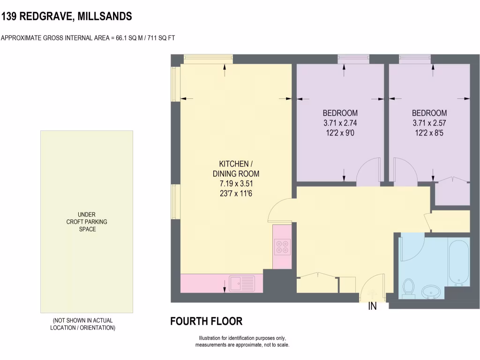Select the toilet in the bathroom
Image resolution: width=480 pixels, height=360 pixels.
(408, 288)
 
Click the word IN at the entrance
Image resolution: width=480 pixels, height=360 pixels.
(372, 307)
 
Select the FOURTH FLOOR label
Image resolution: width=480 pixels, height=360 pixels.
(206, 322)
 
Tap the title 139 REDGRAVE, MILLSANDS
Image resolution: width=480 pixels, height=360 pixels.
(66, 17)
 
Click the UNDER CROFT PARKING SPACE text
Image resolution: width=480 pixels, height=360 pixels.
(87, 222)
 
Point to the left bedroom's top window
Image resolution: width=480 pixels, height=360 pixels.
(353, 58)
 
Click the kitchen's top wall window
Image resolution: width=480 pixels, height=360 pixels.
(208, 58)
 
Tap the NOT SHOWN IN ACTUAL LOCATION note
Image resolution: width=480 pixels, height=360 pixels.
(82, 324)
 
